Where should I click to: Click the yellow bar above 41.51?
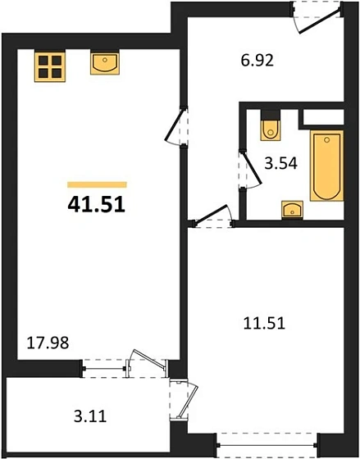click(x=97, y=184)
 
